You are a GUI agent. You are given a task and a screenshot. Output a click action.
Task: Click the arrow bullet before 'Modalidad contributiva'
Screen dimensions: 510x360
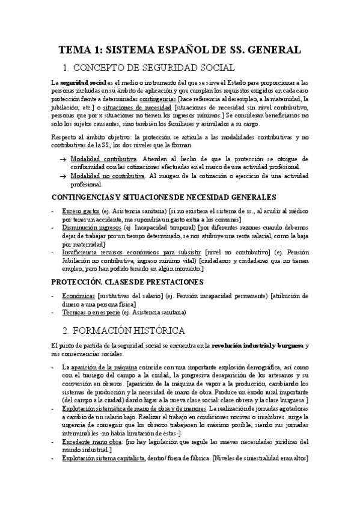tap(63, 158)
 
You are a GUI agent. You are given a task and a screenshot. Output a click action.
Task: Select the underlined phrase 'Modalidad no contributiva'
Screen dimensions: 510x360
tap(108, 175)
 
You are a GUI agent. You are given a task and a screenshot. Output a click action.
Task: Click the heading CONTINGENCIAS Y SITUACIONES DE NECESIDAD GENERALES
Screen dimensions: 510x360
tap(163, 197)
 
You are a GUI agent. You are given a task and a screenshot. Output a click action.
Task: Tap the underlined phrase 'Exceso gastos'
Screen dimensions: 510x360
tap(82, 211)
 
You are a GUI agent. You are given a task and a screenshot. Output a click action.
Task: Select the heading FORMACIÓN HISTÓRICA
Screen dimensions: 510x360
tap(135, 330)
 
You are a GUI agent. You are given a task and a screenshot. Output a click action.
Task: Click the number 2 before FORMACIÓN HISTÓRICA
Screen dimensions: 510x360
tap(66, 330)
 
